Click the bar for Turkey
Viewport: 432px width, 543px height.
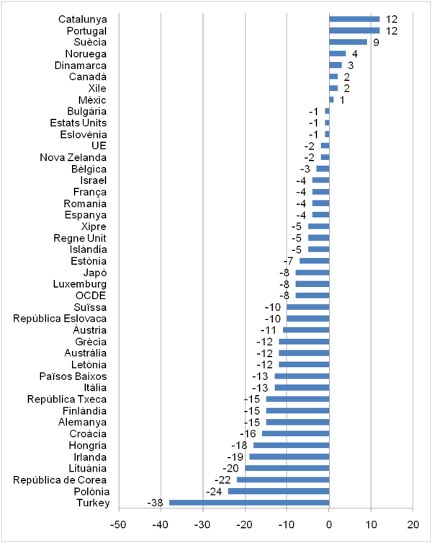tap(249, 503)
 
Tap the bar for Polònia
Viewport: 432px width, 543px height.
tap(279, 491)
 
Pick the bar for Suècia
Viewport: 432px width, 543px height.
tap(348, 42)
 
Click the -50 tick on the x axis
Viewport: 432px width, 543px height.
tap(120, 523)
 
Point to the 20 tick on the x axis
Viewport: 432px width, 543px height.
tap(413, 523)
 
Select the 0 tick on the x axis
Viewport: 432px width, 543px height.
tap(329, 523)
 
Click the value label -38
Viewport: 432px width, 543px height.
tap(156, 503)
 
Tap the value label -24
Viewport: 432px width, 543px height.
tap(215, 491)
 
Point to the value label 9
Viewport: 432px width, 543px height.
tap(376, 42)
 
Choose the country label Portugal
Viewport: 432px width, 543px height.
tap(86, 31)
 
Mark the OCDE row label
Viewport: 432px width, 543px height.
tap(91, 296)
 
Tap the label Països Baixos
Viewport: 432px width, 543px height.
tap(73, 376)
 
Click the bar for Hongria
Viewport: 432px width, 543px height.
tap(291, 445)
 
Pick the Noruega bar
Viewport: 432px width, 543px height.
tap(337, 53)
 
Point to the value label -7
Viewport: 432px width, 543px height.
tap(288, 261)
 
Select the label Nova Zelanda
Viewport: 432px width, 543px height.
tap(73, 157)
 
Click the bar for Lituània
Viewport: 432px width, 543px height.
tap(287, 468)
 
